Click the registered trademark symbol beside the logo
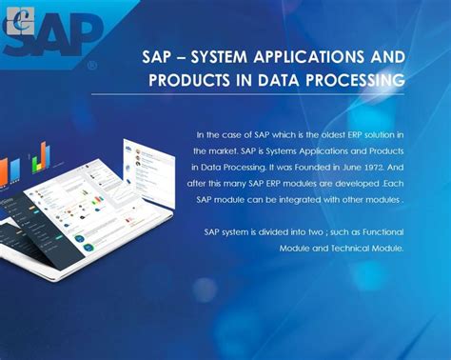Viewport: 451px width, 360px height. coord(91,67)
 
